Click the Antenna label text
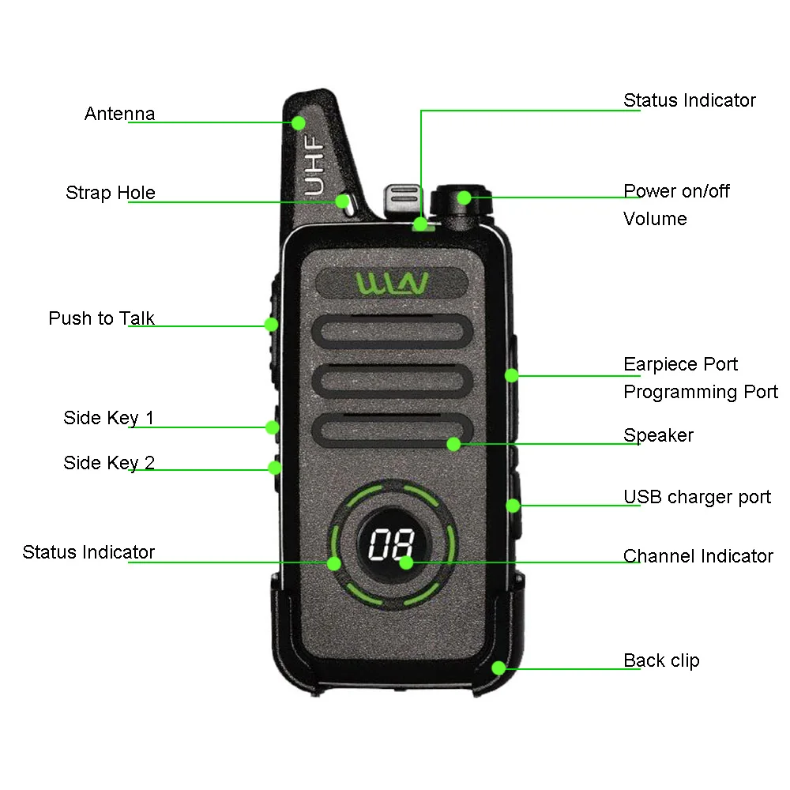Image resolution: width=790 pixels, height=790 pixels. click(x=119, y=114)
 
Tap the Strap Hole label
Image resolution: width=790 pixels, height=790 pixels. click(x=110, y=193)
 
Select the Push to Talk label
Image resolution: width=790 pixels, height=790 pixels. click(x=101, y=318)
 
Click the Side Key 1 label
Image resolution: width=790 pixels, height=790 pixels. click(x=108, y=418)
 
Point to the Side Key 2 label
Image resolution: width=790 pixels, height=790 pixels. click(x=108, y=463)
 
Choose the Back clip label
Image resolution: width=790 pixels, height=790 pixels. click(x=661, y=660)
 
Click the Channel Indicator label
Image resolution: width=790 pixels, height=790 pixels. click(x=698, y=556)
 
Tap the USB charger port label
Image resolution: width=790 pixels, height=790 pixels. click(x=697, y=497)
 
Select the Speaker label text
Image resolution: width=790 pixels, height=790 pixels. click(x=658, y=435)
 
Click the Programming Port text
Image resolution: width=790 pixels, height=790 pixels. click(x=701, y=392)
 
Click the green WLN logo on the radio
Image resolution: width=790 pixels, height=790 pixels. click(x=392, y=283)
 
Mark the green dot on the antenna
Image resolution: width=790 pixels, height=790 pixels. click(x=299, y=122)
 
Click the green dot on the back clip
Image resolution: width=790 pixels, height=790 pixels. click(x=498, y=668)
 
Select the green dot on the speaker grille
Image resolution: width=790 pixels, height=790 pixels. click(x=453, y=444)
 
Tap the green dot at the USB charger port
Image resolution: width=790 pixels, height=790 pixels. click(x=512, y=505)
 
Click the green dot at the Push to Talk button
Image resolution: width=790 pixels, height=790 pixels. click(x=271, y=324)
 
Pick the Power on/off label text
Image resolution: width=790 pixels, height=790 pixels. click(x=676, y=191)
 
